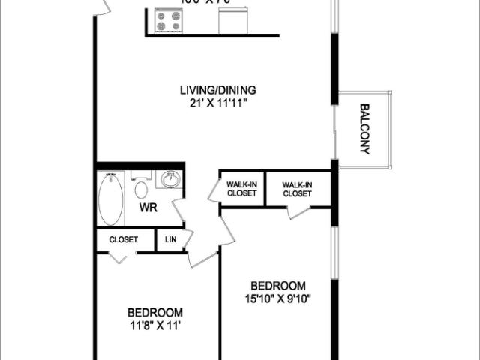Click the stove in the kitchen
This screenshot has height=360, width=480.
pyautogui.click(x=167, y=21)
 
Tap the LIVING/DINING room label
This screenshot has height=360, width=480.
pyautogui.click(x=213, y=91)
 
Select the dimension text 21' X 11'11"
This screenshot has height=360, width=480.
pyautogui.click(x=213, y=103)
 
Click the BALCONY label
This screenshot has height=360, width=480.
pyautogui.click(x=365, y=128)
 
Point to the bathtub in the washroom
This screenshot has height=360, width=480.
pyautogui.click(x=110, y=199)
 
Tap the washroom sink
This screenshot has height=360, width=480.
pyautogui.click(x=170, y=181)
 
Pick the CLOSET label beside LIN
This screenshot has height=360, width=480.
pyautogui.click(x=123, y=240)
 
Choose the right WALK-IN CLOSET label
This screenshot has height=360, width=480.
pyautogui.click(x=297, y=189)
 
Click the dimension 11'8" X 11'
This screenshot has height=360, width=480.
pyautogui.click(x=154, y=325)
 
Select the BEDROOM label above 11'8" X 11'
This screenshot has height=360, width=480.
pyautogui.click(x=154, y=312)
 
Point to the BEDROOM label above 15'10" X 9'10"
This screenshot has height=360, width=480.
pyautogui.click(x=278, y=286)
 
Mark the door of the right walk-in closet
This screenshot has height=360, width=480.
pyautogui.click(x=298, y=211)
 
